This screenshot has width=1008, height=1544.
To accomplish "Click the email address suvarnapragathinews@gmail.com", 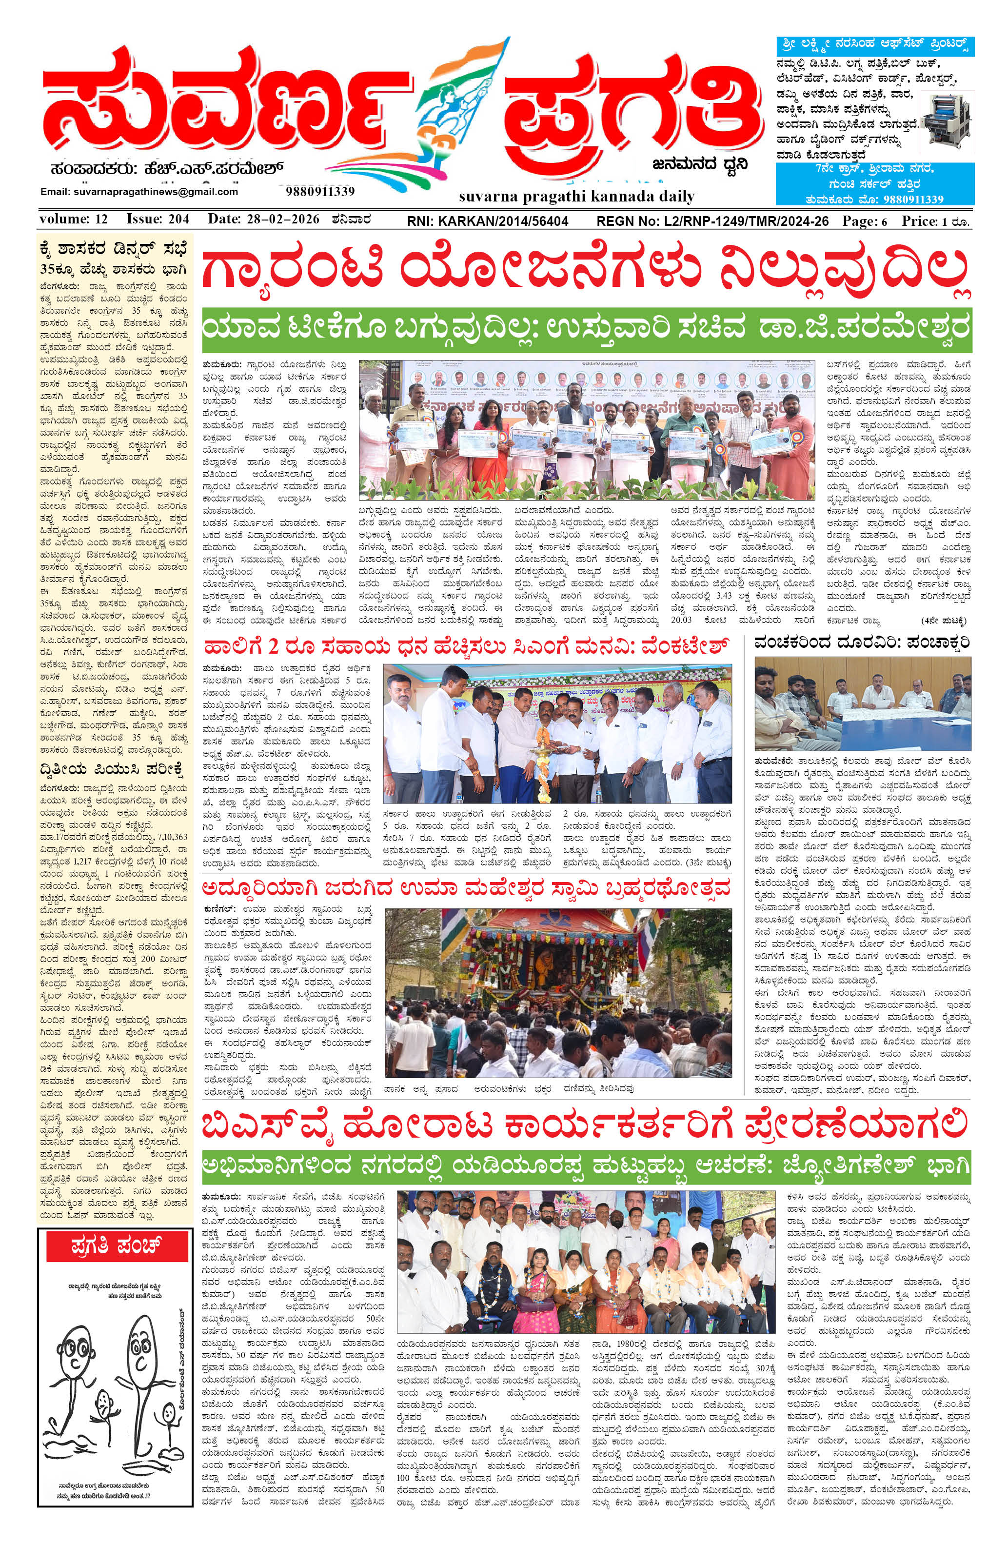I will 139,192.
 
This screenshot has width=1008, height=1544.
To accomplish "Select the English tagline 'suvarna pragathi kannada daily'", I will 576,196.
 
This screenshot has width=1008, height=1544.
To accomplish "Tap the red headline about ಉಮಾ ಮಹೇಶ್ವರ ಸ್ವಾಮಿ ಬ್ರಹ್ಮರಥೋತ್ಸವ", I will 466,887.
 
